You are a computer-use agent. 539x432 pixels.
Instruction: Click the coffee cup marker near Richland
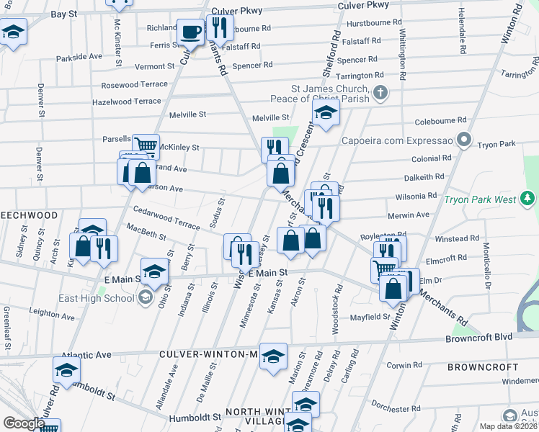pos(190,32)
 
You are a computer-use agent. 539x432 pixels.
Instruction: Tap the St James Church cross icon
pos(381,92)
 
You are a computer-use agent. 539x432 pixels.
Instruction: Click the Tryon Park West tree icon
pos(528,198)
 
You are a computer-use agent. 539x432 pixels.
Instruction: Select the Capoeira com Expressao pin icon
pos(465,139)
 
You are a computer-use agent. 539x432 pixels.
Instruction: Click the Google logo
pos(23,423)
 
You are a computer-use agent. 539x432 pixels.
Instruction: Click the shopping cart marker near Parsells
pos(146,146)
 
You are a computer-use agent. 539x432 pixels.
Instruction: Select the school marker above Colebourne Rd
pos(326,113)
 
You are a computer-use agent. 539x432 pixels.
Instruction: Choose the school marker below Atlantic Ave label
pos(66,372)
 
